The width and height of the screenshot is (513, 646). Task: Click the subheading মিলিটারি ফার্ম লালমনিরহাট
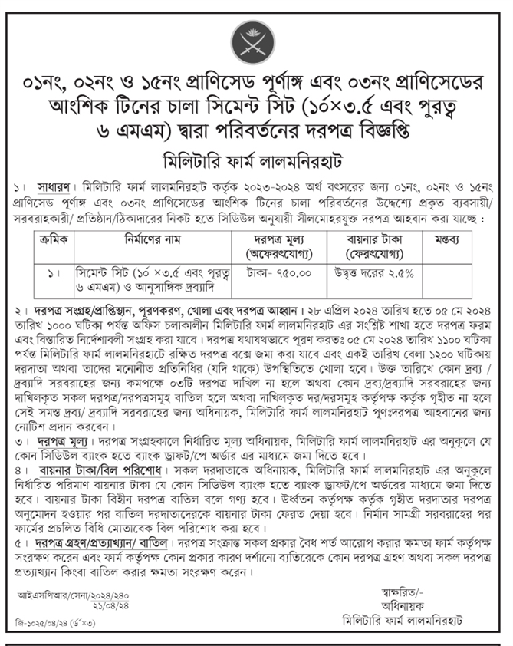[256, 163]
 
